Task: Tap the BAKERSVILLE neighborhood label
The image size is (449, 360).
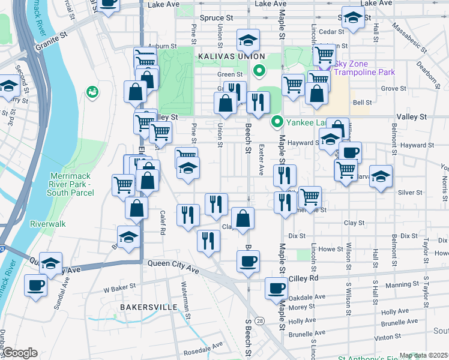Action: coord(148,307)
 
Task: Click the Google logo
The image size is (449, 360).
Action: coord(20,353)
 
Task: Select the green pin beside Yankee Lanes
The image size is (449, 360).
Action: coord(277,122)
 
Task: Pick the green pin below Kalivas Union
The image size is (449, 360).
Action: coord(259,71)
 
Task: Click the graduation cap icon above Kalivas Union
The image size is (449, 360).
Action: coord(247,40)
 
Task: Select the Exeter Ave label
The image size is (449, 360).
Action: coord(261,160)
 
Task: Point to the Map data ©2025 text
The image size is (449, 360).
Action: coord(423,355)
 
